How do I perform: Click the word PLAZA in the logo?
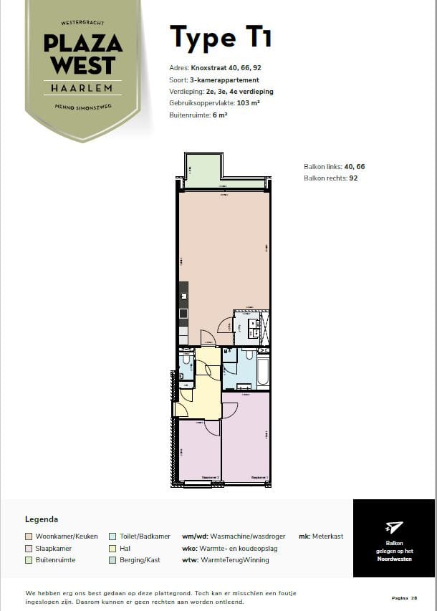pos(83,44)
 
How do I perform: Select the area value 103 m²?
pos(247,103)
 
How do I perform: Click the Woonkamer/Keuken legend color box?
pos(29,536)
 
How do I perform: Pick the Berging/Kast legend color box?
pos(112,560)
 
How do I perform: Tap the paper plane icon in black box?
pos(394,527)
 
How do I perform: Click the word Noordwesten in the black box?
pos(394,559)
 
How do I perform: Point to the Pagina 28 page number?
pos(404,597)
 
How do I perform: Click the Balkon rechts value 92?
pos(353,178)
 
